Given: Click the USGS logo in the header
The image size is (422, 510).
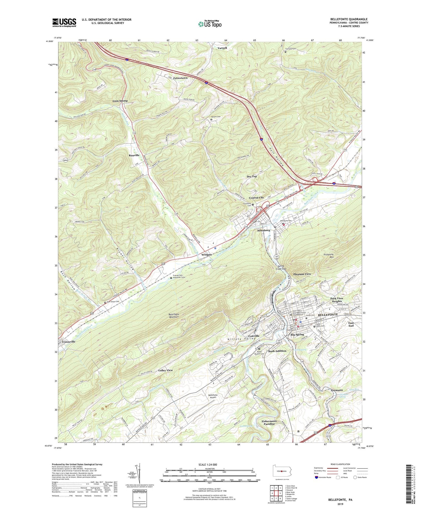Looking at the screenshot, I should click(64, 22).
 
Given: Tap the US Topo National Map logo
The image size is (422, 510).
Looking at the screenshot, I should click(210, 24).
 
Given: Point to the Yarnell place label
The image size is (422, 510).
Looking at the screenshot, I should click(222, 48).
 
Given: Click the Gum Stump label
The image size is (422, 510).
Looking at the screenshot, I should click(120, 101).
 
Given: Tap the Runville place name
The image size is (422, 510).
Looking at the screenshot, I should click(134, 155).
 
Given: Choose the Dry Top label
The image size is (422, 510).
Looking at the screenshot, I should click(252, 176).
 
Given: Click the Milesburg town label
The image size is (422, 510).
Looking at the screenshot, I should click(263, 230).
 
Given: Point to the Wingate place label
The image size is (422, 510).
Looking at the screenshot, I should click(206, 255).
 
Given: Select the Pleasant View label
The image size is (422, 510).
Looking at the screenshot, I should click(302, 274).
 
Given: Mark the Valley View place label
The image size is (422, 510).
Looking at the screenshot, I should click(165, 370).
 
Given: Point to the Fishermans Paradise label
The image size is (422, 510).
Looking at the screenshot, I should click(268, 422).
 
